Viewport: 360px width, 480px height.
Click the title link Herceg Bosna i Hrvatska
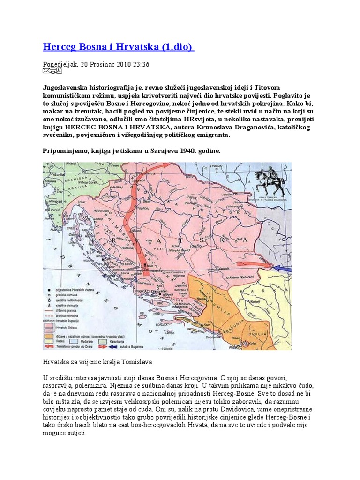(118, 47)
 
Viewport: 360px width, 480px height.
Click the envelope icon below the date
(45, 71)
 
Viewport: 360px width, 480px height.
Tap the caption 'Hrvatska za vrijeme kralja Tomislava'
(97, 362)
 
